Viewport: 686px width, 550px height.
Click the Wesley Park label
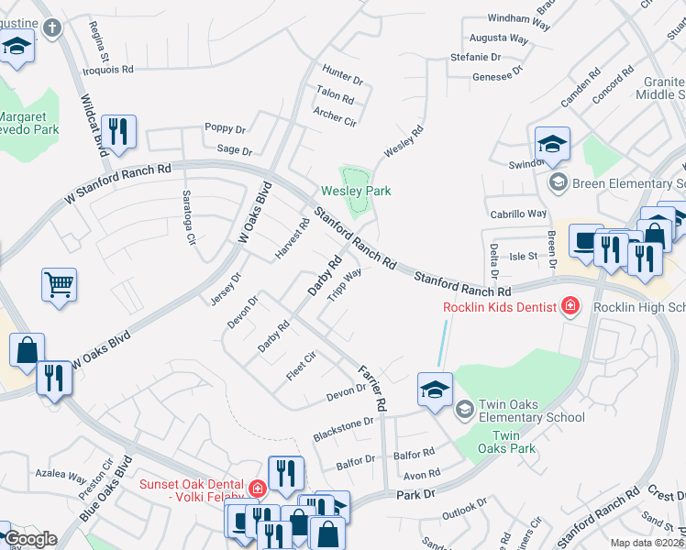(356, 191)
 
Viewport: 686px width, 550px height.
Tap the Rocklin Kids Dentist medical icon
(570, 306)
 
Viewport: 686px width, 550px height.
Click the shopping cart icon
(59, 284)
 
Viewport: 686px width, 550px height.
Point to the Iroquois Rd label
(109, 69)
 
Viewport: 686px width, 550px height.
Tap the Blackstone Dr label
(343, 428)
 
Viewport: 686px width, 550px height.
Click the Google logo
(29, 539)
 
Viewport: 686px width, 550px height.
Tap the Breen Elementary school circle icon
(557, 182)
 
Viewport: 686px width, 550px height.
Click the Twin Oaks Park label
(513, 442)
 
